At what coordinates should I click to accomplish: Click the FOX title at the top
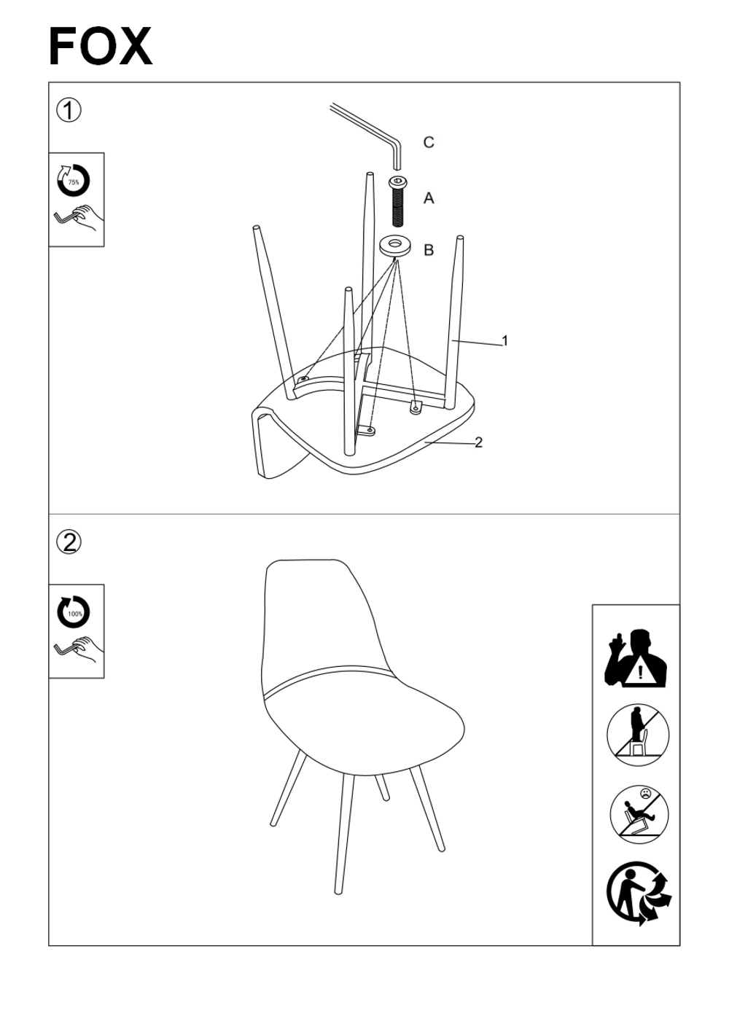[101, 47]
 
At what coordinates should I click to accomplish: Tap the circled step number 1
[69, 111]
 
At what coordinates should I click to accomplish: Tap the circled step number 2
[69, 542]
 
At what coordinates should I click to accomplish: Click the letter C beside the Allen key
[429, 142]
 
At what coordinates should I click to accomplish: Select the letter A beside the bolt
[429, 198]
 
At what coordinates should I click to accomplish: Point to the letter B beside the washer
[429, 250]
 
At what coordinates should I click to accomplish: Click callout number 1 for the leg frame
[504, 341]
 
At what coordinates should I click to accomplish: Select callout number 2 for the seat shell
[478, 442]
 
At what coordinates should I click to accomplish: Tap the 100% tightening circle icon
[74, 611]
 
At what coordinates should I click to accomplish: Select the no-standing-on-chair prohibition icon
[638, 735]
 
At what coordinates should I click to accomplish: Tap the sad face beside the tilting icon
[646, 794]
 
